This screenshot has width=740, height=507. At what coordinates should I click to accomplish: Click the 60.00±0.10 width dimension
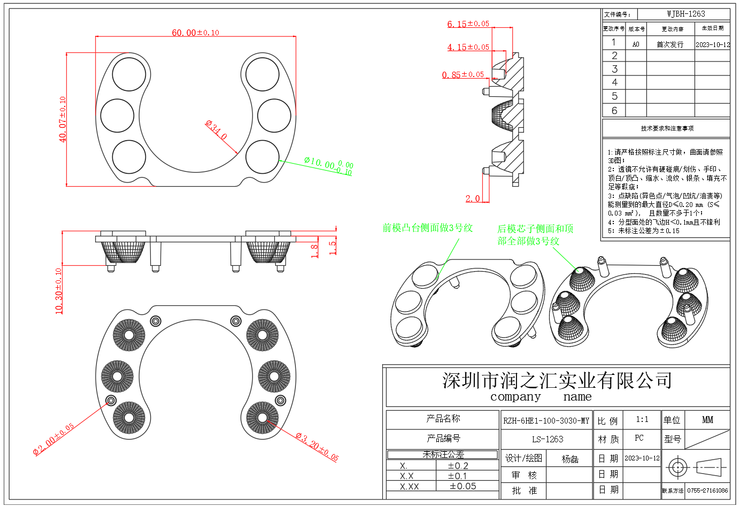point(195,33)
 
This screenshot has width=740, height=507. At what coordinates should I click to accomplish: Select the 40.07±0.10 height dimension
point(63,119)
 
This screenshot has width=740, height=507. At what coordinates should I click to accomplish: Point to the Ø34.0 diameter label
point(217,130)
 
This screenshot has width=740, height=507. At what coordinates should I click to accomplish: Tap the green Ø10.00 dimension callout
point(328,165)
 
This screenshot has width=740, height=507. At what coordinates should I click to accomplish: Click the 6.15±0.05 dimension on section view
point(468,24)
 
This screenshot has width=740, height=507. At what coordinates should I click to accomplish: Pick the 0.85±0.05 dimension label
point(462,75)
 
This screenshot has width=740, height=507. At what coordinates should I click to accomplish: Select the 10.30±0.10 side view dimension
point(59,290)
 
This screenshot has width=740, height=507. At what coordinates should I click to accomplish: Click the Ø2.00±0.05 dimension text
point(53,439)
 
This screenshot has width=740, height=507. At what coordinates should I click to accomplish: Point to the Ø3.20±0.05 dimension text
point(317,447)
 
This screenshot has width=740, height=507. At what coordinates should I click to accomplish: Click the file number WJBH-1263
point(685,14)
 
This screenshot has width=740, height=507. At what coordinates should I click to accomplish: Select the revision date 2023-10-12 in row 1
point(712,44)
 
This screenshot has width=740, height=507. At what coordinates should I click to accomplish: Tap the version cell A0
point(636,44)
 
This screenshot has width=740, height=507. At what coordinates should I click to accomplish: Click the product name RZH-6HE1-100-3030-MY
point(546,420)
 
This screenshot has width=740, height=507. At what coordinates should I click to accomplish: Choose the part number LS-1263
point(547,439)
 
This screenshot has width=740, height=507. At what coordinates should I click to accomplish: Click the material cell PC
point(639,438)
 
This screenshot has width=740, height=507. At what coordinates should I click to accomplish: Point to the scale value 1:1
point(642,419)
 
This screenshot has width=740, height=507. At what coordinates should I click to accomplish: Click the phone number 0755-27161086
point(707,490)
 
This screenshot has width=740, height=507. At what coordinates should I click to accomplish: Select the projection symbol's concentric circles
point(677,467)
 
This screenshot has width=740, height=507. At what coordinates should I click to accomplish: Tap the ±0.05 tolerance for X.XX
point(462,486)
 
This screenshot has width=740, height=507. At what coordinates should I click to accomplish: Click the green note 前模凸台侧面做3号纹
point(427,228)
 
